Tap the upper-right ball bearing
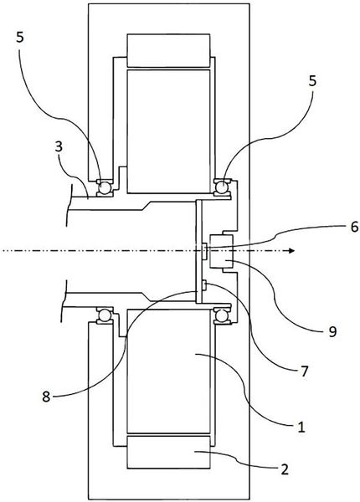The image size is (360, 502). [x=222, y=186]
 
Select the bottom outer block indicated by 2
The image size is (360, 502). [x=168, y=452]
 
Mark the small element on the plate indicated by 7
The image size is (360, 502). [x=203, y=285]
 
